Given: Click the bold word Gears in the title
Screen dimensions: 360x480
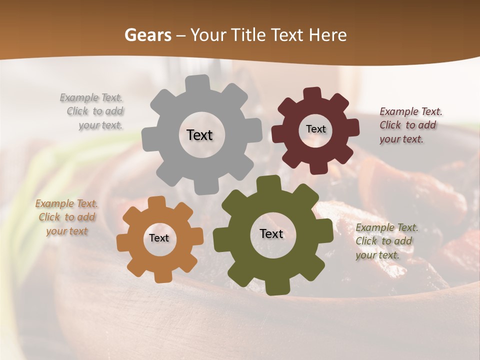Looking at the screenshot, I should click(147, 35).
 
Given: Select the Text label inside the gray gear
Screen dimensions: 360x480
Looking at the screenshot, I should click(199, 135).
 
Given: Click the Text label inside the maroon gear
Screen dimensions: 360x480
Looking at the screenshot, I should click(315, 129).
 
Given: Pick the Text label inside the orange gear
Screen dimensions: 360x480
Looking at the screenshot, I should click(159, 238).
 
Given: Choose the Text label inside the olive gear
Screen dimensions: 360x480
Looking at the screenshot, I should click(271, 234).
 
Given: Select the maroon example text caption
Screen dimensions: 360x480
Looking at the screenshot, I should click(410, 125).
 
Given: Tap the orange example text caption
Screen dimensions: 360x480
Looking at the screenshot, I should click(66, 217).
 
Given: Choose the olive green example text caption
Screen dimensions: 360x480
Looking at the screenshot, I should click(386, 241).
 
